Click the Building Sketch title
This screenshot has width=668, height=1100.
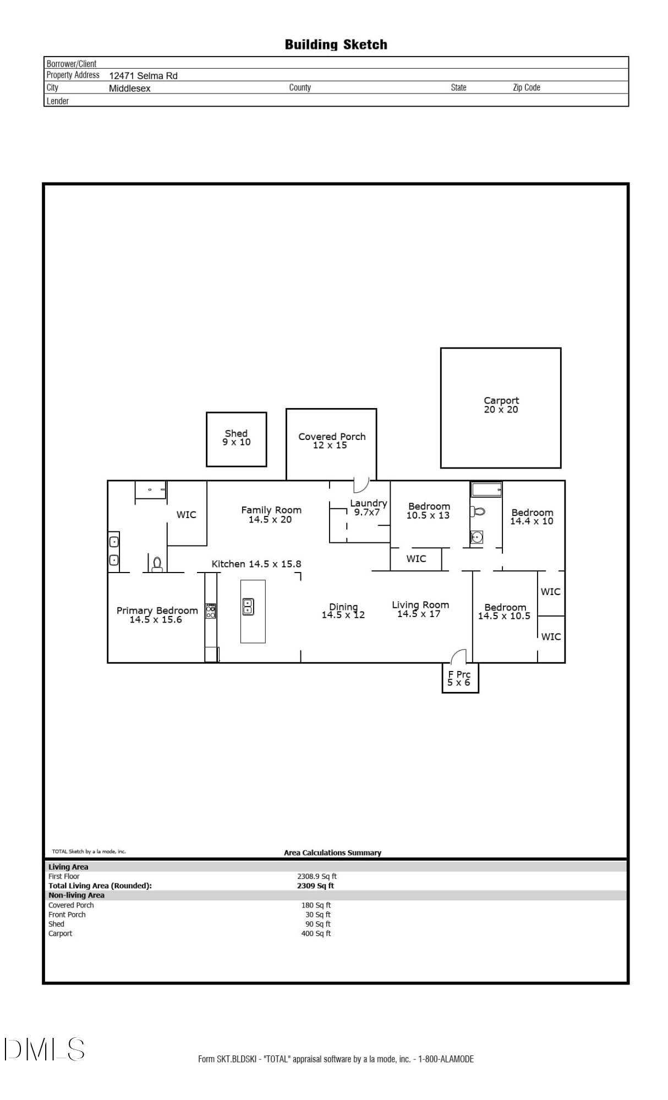(336, 45)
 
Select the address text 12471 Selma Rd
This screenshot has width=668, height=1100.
(143, 76)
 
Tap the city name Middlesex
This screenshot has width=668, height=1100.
(129, 89)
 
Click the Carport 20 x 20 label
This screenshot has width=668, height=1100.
(501, 405)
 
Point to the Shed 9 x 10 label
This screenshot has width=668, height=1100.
(237, 438)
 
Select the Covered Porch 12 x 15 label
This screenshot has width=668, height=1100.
(331, 441)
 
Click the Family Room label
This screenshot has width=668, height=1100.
(271, 514)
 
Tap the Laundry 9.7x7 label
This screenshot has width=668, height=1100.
(368, 507)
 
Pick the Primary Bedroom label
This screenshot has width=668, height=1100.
(157, 615)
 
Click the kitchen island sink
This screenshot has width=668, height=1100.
(248, 606)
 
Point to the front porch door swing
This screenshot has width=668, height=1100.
(458, 656)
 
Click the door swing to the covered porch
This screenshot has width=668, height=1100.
(361, 485)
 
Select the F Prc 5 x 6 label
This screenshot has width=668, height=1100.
(459, 678)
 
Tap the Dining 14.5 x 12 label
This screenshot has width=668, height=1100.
(343, 610)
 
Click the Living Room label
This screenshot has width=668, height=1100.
(420, 609)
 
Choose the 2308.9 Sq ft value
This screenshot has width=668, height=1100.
(317, 876)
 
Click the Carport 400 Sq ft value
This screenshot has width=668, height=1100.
(316, 933)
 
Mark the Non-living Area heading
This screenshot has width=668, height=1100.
(76, 895)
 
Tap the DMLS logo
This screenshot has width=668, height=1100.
(45, 1049)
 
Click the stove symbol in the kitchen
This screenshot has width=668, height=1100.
(211, 610)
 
